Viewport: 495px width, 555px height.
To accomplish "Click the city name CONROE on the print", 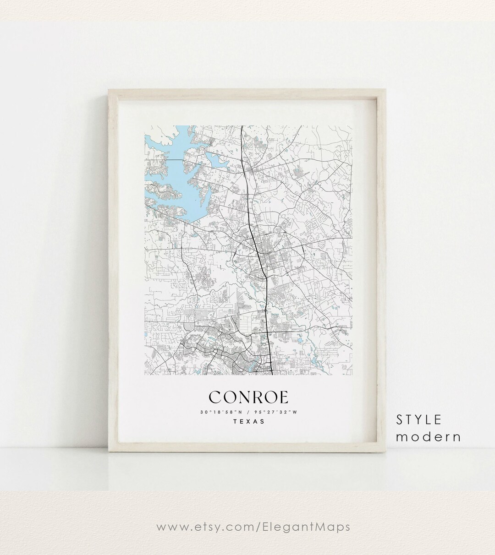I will click(x=249, y=397).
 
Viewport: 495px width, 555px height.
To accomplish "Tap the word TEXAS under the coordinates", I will click(x=249, y=422).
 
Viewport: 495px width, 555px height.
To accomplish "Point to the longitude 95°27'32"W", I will click(x=278, y=412).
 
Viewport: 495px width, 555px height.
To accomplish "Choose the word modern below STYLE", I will click(x=429, y=437).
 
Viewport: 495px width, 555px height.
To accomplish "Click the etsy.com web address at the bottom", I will click(x=253, y=527).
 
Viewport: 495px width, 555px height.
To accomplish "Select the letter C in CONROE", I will click(x=216, y=397).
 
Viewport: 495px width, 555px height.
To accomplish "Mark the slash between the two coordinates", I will click(x=249, y=412).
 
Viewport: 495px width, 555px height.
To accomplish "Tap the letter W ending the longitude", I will click(x=296, y=412).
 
